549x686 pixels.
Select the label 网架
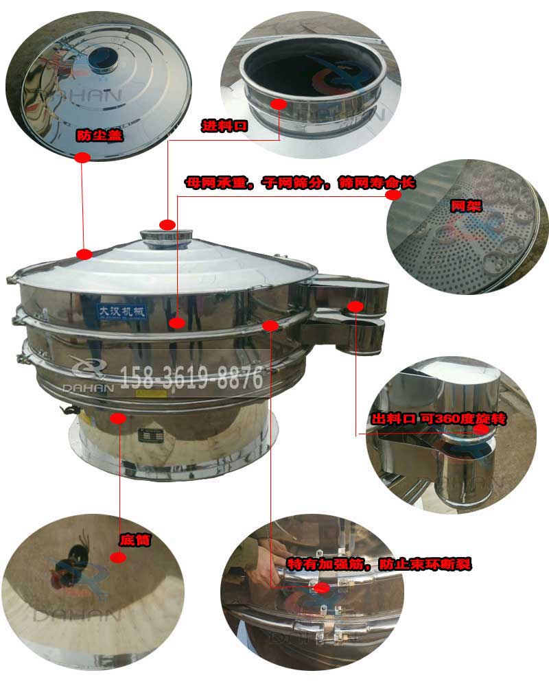pos(465,206)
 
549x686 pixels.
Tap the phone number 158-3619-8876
pos(192,377)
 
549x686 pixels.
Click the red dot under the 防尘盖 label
pos(82,158)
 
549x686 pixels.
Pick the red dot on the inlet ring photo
pos(279,104)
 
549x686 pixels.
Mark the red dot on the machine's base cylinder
pos(118,416)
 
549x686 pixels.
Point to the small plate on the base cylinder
pos(149,434)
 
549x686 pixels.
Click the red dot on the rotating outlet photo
pos(482,429)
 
